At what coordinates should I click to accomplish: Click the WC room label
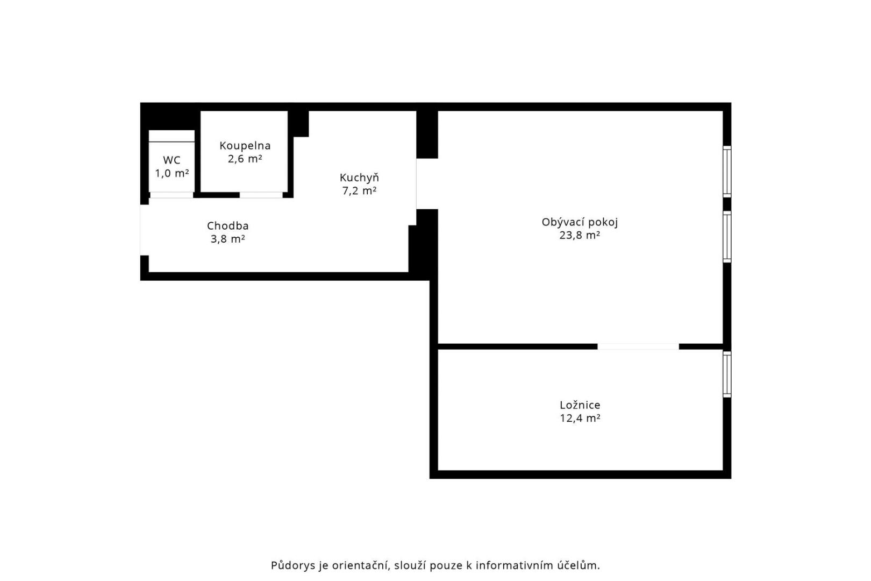pos(172,160)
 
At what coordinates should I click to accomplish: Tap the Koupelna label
pos(245,146)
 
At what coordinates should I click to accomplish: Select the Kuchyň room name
pos(359,178)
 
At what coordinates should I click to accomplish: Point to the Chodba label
pos(228,226)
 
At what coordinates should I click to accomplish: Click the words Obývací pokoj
pos(580,222)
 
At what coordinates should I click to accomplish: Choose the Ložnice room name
pos(580,405)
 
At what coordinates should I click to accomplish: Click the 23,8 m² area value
pos(580,236)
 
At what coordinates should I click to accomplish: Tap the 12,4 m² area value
pos(580,419)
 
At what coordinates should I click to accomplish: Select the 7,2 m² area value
pos(359,190)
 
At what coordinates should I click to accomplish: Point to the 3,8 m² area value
pos(228,239)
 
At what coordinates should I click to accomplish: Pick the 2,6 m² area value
pos(245,159)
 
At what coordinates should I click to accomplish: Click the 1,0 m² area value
pos(172,173)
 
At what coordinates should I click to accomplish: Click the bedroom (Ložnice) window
pos(727,374)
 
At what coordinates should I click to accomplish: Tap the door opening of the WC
pos(172,195)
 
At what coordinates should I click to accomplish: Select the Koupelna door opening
pos(261,195)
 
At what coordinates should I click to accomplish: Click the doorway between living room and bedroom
pos(638,346)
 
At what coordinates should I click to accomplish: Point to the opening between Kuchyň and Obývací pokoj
pos(427,183)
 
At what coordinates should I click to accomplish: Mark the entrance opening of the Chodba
pos(144,230)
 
